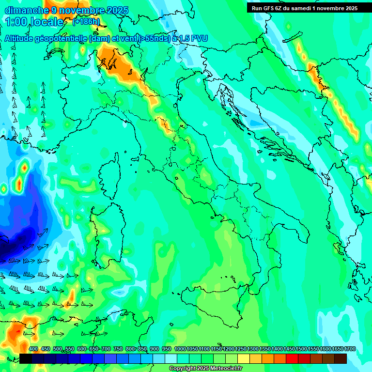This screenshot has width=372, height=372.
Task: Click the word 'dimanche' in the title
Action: point(24,10)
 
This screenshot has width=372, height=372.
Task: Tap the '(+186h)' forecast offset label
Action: point(86,21)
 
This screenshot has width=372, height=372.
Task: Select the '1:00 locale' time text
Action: point(34,22)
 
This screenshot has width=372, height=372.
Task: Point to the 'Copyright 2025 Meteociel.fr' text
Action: point(205,368)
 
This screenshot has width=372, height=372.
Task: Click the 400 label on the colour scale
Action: point(33,349)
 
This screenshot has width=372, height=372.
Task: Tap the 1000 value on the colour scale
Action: point(180,349)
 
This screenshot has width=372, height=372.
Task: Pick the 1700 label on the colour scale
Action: point(337,349)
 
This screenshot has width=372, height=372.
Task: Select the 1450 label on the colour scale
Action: point(289,349)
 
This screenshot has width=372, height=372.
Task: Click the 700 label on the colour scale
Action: point(106,349)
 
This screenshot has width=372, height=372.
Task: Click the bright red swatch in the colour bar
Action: point(292,358)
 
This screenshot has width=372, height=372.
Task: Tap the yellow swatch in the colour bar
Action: point(244,358)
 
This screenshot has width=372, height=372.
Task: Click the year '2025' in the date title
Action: point(117,10)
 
